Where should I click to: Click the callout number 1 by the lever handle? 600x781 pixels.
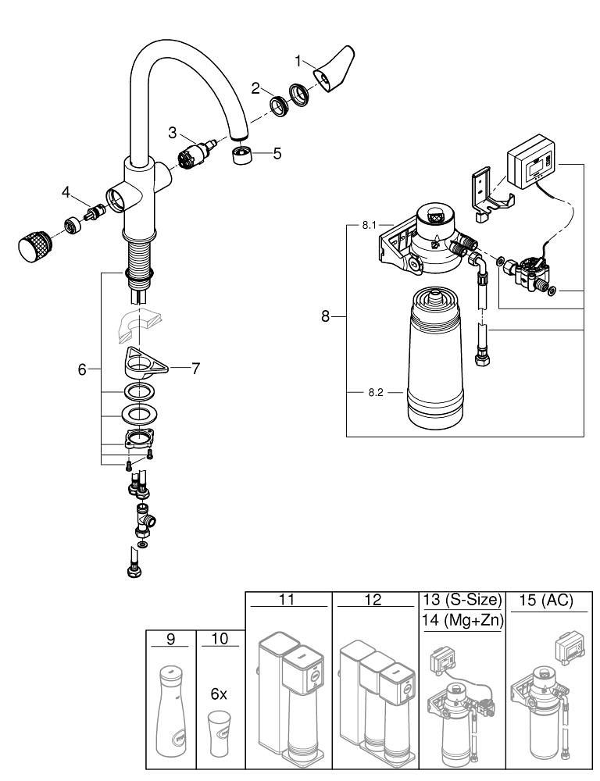[x=298, y=59]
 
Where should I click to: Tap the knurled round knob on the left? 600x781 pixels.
[x=34, y=245]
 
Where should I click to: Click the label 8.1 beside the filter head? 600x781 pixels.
[x=369, y=225]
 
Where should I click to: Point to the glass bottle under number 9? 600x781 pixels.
[x=170, y=713]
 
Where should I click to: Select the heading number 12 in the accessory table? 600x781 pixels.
[x=373, y=601]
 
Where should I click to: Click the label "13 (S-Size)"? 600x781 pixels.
[x=461, y=601]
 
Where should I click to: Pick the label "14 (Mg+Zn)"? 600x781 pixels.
[x=461, y=621]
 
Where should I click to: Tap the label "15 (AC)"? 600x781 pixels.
[x=546, y=601]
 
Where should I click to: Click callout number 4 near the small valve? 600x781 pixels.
[x=66, y=191]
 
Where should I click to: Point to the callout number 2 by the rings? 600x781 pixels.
[x=255, y=88]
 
